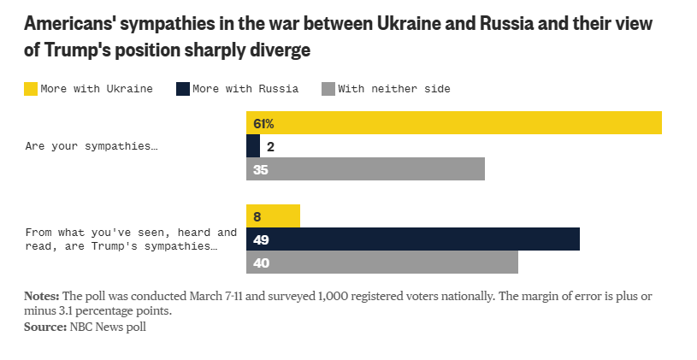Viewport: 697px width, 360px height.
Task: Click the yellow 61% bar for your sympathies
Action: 453,123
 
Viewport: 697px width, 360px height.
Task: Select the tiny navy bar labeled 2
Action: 253,146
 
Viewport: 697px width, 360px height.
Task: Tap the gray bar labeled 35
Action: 365,169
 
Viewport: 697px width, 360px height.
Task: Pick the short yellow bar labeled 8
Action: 273,216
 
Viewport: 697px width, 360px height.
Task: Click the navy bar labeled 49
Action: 412,239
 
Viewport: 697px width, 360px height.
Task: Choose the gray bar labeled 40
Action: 381,263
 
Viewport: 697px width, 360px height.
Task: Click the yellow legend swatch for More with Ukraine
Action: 32,88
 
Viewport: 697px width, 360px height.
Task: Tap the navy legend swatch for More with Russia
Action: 182,88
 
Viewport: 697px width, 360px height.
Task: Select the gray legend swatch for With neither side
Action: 328,88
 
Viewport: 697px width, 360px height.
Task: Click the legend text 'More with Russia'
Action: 245,88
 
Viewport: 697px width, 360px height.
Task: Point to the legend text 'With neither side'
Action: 393,88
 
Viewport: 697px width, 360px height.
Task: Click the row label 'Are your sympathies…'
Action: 92,146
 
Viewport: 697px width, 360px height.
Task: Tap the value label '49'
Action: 262,239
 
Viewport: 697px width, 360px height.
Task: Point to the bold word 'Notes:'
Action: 42,296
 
